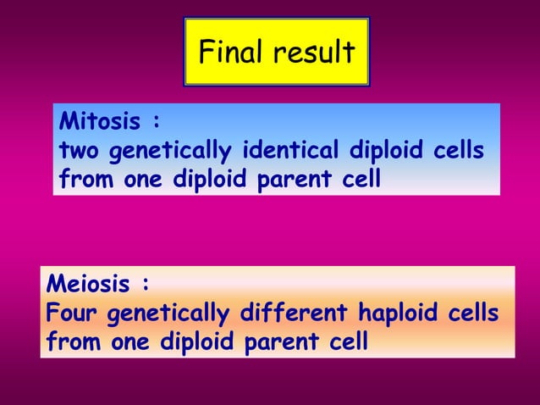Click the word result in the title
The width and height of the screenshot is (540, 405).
tap(312, 53)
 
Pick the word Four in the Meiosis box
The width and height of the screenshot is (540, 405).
tap(70, 313)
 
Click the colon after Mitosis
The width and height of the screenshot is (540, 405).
tap(156, 123)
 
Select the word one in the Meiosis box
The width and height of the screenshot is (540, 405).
tap(127, 343)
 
